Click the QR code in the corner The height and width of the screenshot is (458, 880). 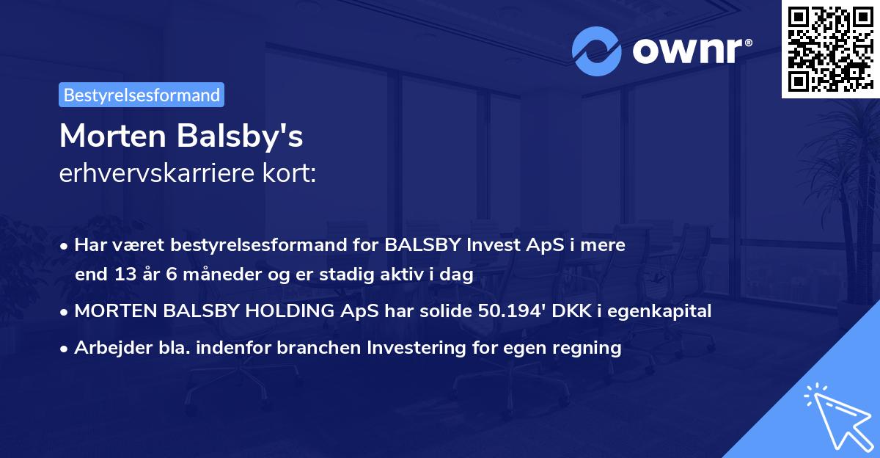pos(830,49)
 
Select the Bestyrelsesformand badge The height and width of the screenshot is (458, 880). pos(142,95)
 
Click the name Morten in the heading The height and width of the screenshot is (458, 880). pos(111,137)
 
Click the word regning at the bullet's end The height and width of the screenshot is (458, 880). pos(591,348)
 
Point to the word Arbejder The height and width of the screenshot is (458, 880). pos(106,348)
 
